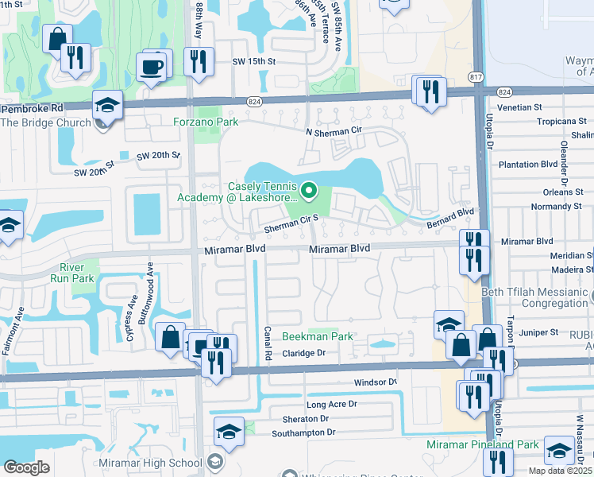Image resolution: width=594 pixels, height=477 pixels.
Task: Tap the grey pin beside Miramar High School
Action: [x=214, y=462]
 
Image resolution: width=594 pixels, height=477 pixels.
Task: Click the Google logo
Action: [x=26, y=467]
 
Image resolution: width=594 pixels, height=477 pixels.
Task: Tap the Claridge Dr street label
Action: [x=305, y=352]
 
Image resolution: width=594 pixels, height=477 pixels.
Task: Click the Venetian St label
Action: [x=519, y=106]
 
